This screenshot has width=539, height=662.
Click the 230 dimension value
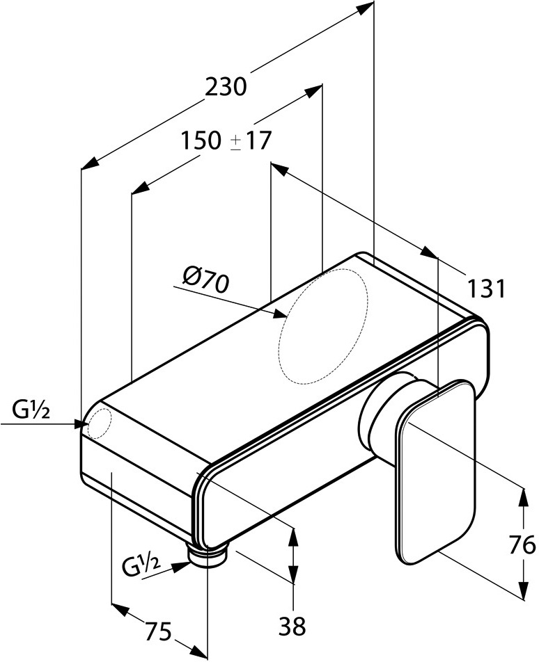tap(226, 87)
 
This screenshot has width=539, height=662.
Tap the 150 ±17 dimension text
tap(226, 140)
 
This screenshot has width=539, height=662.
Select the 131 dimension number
tap(487, 289)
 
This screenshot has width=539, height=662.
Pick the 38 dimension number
tap(292, 626)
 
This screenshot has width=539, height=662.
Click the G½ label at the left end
tap(31, 410)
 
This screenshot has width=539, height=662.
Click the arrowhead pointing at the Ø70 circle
tap(280, 314)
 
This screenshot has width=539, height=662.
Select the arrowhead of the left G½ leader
tap(81, 423)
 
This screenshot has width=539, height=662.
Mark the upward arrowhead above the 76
tap(524, 496)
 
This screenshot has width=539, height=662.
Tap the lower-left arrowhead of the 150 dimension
tap(139, 188)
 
